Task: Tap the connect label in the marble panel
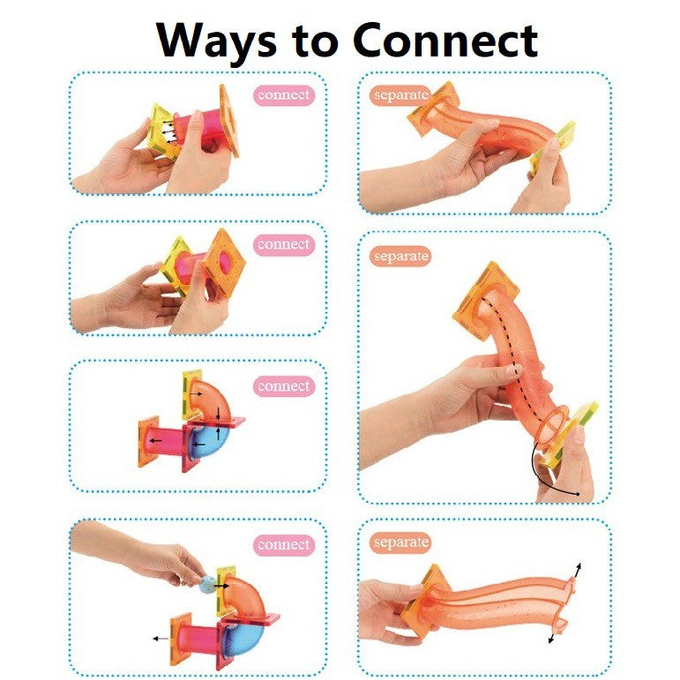283,545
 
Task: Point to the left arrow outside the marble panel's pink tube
160,637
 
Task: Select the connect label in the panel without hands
283,386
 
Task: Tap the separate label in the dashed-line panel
400,257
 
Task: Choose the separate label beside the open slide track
400,542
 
